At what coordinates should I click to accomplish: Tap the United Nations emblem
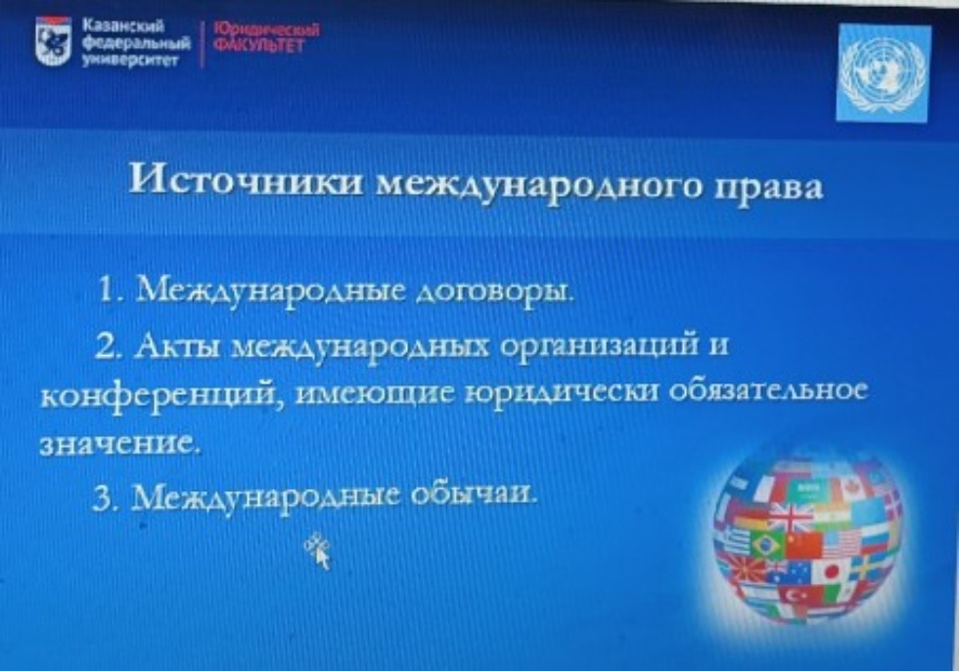(x=884, y=73)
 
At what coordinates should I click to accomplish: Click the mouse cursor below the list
(x=318, y=552)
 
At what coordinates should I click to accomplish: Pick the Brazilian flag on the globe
(x=765, y=545)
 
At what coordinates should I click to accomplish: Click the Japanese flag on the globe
(x=833, y=570)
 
